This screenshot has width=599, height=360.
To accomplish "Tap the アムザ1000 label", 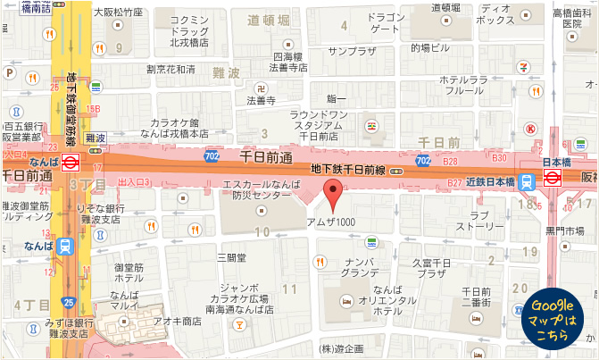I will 331,221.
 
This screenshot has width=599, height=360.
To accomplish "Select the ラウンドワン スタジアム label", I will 318,125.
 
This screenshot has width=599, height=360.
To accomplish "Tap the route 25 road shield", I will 69,303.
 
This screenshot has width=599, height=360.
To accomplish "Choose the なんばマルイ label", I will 124,301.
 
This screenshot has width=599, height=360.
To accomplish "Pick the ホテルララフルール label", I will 462,85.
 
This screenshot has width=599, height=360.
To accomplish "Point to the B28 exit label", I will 450,162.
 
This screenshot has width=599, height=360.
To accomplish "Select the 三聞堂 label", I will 230,257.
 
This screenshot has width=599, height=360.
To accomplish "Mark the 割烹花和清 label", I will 171,69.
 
